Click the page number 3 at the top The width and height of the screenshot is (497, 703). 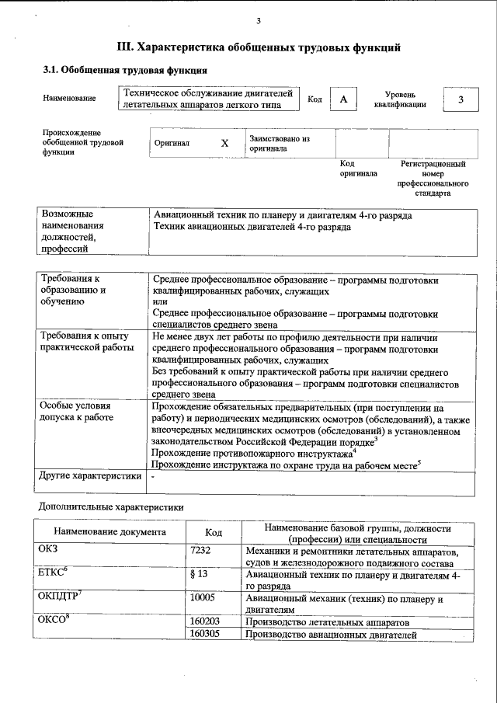coord(258,21)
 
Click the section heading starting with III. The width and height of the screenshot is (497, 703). coord(258,47)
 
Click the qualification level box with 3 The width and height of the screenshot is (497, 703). coord(461,100)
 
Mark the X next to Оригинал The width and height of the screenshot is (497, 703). coord(224,144)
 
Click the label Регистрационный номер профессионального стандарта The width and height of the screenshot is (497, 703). coord(433,179)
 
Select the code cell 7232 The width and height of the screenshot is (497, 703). coord(201,551)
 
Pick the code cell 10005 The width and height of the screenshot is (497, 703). coord(203,598)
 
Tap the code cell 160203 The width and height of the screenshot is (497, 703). coord(205,622)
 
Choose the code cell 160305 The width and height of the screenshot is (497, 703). coord(205,635)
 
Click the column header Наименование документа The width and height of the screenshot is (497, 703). coord(109,532)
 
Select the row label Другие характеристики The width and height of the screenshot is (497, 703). coord(90,475)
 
